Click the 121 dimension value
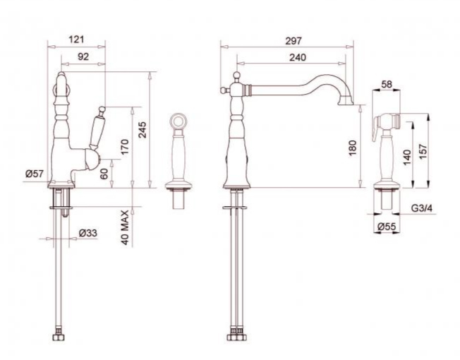76,40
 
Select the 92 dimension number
83,56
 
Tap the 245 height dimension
143,129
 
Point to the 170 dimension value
124,147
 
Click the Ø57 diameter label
35,174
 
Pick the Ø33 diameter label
88,233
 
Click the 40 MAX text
125,227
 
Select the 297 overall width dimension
293,41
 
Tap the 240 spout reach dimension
298,57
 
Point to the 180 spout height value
353,148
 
